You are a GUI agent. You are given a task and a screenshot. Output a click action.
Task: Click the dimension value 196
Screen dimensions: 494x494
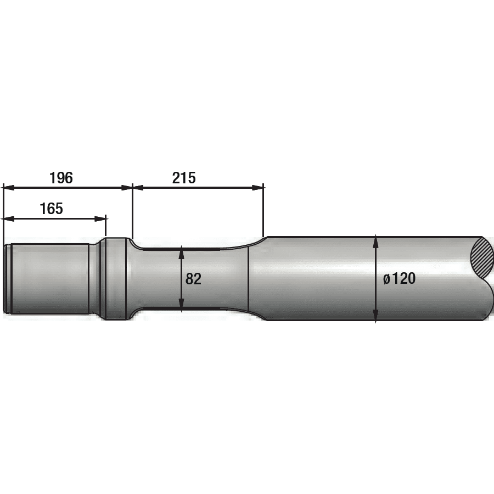(61, 178)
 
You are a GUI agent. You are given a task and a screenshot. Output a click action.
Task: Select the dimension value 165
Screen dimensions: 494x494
(51, 209)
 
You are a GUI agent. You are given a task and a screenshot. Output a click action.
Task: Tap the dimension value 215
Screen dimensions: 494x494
(184, 178)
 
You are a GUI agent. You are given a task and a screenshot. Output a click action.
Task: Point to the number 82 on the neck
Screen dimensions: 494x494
(193, 279)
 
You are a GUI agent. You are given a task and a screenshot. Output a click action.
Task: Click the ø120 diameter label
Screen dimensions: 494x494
(400, 279)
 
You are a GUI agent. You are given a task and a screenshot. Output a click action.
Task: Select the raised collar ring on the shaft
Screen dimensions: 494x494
(115, 279)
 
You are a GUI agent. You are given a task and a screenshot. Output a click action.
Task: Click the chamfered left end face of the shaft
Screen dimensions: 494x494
(7, 279)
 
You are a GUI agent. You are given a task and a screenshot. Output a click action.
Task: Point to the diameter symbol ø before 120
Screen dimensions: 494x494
(387, 279)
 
